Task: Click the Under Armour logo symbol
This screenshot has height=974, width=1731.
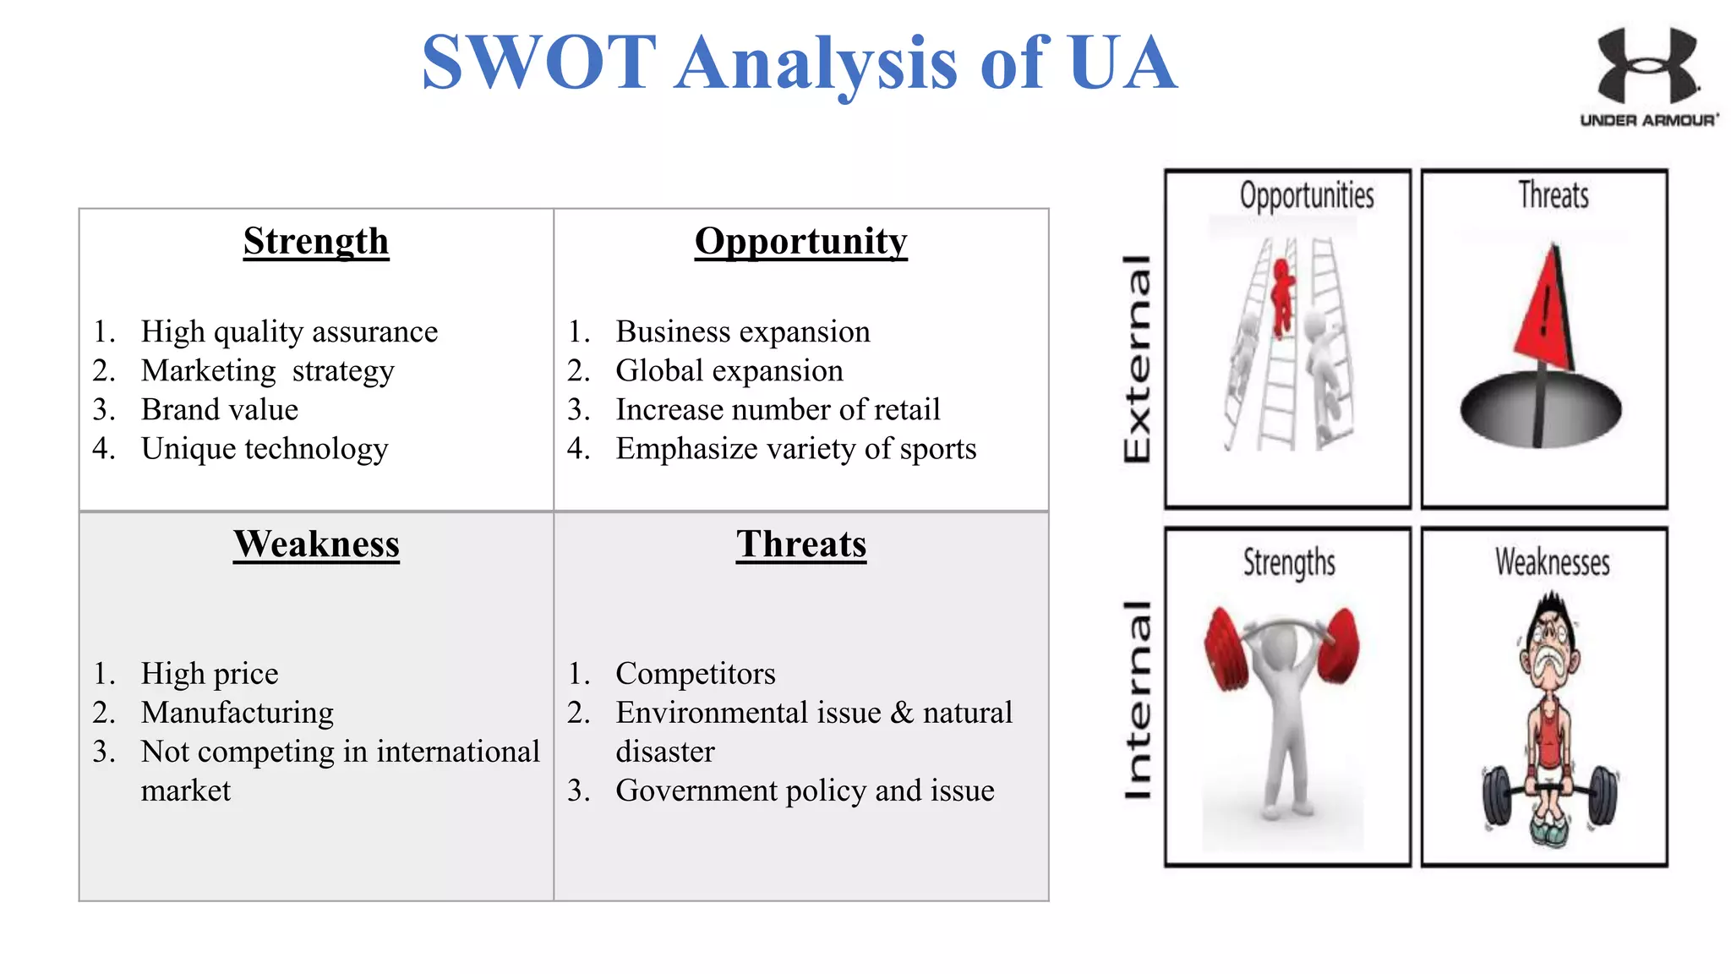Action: pos(1646,66)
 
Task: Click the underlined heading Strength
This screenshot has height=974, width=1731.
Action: pos(316,242)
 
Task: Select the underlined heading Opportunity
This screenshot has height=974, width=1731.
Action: pos(800,242)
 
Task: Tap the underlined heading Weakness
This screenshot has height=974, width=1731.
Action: pos(316,544)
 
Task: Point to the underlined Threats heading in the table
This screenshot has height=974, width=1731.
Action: pos(800,544)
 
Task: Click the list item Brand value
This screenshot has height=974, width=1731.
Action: pos(219,410)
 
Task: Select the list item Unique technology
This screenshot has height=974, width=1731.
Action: pos(264,449)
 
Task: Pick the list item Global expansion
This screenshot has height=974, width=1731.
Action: pos(729,371)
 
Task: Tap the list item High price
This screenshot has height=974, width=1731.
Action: pos(209,674)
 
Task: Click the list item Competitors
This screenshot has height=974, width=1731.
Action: pos(695,674)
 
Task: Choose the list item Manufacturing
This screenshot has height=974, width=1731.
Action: pos(237,713)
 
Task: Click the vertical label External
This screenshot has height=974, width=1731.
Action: pos(1137,358)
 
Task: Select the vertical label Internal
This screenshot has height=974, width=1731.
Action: pos(1137,700)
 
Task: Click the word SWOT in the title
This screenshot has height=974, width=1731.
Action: pos(539,63)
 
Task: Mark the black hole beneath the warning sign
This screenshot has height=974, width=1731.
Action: pos(1541,410)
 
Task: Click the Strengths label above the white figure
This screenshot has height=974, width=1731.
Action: pos(1289,563)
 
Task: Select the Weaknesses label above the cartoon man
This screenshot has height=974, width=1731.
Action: pos(1552,563)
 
